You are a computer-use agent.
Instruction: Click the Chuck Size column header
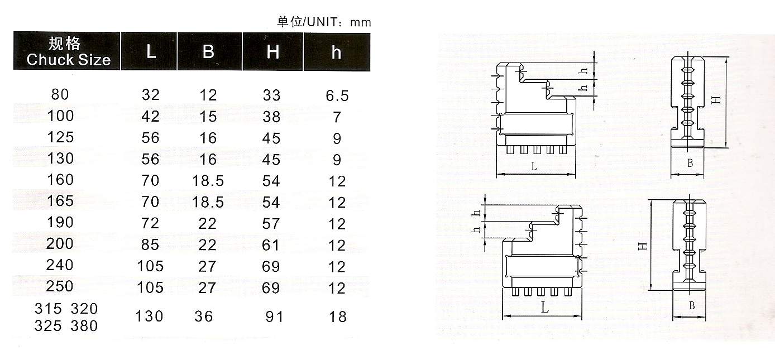(x=69, y=51)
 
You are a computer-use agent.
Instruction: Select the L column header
(x=151, y=52)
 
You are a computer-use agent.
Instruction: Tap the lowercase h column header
(x=336, y=52)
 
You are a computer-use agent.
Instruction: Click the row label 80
(x=60, y=94)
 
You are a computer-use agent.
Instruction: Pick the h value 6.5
(x=337, y=95)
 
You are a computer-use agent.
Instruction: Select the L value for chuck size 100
(x=151, y=117)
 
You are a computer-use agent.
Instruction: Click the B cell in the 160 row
(x=208, y=181)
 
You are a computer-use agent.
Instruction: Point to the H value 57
(x=271, y=224)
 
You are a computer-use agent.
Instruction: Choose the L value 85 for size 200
(x=150, y=245)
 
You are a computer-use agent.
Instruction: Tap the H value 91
(x=274, y=317)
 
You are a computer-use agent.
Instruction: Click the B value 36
(x=203, y=316)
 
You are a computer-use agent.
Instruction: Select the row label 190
(x=60, y=222)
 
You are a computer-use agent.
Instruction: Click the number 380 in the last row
(x=84, y=326)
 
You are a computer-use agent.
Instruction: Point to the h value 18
(x=338, y=317)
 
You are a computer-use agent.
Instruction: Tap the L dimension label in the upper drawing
(x=534, y=167)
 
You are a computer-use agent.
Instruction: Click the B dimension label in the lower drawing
(x=692, y=306)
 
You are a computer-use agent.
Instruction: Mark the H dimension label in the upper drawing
(x=717, y=100)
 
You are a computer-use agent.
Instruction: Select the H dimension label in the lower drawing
(x=643, y=246)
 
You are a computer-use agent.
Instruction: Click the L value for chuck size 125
(x=151, y=138)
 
